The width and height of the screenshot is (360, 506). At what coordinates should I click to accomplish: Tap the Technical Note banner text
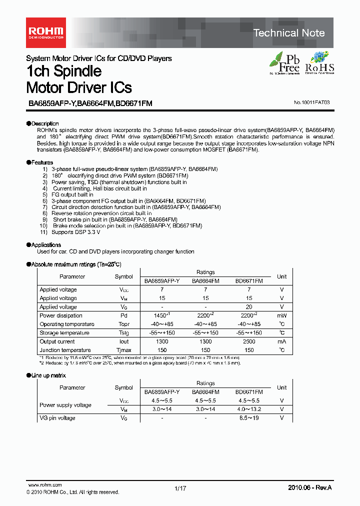point(289,33)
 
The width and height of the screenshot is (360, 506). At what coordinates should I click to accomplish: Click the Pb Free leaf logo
point(285,63)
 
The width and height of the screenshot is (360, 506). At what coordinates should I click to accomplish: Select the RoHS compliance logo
point(319,63)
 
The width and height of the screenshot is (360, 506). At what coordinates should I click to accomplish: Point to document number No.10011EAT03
point(312,102)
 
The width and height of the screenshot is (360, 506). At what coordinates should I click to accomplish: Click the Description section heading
point(44,123)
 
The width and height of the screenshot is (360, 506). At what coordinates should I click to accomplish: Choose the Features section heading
point(42,162)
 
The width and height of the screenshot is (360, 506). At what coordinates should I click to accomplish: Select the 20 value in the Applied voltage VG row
point(249,307)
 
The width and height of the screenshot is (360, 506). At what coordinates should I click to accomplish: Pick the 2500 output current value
point(249,341)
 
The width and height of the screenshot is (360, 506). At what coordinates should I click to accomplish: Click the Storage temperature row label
point(65,333)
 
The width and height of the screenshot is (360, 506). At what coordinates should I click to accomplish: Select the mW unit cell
point(281,315)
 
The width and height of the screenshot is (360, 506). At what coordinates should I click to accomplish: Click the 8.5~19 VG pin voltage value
point(249,418)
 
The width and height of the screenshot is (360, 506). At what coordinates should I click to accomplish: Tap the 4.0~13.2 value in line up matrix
point(249,409)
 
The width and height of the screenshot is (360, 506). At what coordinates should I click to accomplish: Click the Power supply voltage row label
point(65,405)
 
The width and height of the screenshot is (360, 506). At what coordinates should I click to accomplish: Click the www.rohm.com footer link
point(44,485)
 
